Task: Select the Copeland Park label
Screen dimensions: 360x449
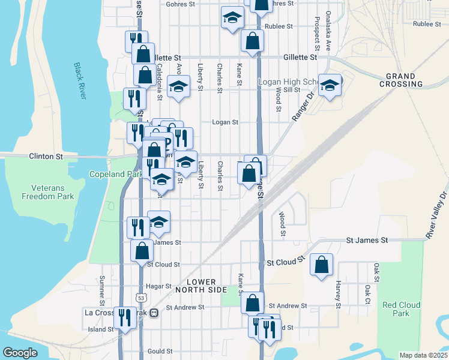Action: (x=115, y=175)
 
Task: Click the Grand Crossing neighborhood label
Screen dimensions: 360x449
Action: (x=400, y=80)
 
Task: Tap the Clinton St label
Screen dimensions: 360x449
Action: (x=46, y=156)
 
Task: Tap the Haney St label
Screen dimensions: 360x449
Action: (x=339, y=296)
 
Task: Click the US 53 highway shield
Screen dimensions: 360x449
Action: (x=140, y=297)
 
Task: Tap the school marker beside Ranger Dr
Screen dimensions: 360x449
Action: (x=330, y=86)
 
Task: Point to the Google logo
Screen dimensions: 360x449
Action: (x=20, y=353)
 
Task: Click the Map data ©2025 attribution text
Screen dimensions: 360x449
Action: (x=423, y=355)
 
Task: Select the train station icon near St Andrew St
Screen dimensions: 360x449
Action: (x=154, y=312)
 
